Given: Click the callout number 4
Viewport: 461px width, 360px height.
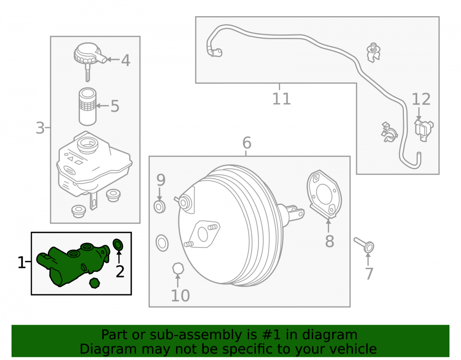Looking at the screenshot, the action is click(125, 60).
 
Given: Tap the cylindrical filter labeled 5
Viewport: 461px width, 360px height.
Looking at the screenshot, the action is click(87, 106).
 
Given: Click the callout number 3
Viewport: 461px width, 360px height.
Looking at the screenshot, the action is click(40, 128).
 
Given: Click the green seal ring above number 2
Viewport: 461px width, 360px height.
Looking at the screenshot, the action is click(118, 245).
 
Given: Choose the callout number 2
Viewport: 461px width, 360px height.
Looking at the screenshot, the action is click(120, 271).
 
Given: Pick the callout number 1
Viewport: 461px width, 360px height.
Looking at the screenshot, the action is click(22, 262).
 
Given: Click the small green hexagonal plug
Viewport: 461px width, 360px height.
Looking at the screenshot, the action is click(95, 283).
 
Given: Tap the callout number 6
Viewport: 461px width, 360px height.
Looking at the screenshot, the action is click(247, 143).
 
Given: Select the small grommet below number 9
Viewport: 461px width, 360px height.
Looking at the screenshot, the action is click(162, 243).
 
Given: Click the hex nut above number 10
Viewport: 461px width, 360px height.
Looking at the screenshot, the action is click(178, 268).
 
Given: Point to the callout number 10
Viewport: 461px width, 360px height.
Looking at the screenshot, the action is click(180, 295).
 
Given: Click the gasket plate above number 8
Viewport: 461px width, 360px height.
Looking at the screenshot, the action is click(324, 194).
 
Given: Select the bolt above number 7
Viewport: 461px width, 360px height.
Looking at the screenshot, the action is click(364, 244).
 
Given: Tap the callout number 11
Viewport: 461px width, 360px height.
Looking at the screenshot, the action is click(281, 99).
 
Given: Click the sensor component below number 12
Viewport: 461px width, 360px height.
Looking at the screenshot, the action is click(424, 129).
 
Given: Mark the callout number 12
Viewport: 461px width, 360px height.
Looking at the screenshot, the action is click(421, 99).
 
